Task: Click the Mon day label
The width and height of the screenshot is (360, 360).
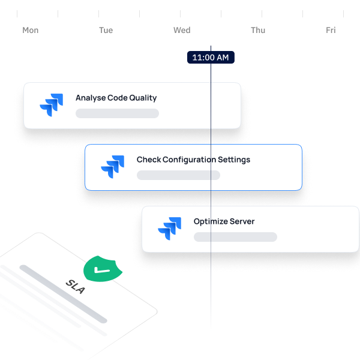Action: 31,31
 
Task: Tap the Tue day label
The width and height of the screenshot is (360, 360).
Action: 106,31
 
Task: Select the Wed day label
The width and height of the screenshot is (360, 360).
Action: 182,31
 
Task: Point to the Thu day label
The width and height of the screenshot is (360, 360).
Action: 258,31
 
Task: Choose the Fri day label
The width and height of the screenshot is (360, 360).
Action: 331,31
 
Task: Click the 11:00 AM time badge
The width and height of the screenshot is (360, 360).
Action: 211,58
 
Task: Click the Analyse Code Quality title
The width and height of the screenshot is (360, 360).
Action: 116,98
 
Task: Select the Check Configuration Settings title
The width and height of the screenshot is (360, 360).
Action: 193,160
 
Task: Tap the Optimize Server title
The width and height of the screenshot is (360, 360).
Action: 224,221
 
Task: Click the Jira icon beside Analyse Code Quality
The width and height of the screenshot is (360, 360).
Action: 52,105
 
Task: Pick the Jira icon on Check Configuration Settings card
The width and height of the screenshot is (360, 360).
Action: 113,167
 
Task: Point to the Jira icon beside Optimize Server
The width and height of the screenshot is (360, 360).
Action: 169,229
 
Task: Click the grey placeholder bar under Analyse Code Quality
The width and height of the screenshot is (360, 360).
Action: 117,113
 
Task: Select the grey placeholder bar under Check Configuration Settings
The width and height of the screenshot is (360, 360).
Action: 178,175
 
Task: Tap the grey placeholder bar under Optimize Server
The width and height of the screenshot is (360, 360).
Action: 235,237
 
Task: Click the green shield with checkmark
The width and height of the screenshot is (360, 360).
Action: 103,269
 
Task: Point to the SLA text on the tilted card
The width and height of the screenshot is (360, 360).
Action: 76,287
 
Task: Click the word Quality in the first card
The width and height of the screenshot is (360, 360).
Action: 143,98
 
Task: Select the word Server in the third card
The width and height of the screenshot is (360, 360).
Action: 242,221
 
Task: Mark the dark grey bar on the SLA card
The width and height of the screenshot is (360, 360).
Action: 63,294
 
